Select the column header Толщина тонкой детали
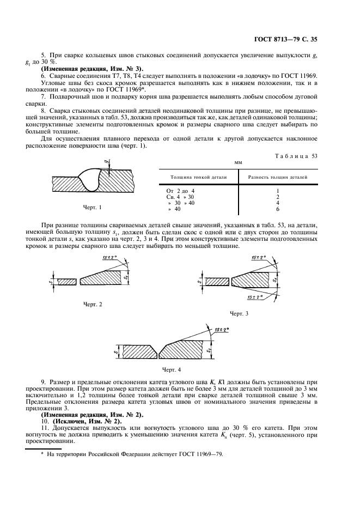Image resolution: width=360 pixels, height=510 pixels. click(195, 177)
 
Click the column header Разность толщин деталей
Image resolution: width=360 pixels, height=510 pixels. click(277, 177)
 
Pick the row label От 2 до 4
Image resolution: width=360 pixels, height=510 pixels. click(180, 191)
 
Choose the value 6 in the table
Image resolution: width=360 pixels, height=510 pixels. click(277, 209)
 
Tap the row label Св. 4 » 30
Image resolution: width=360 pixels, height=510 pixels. click(180, 197)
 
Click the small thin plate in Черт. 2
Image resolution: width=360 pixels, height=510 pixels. click(66, 281)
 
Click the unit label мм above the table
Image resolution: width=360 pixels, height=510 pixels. click(237, 162)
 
